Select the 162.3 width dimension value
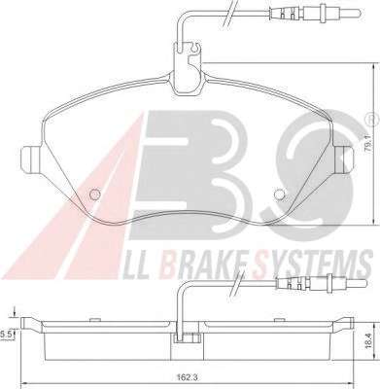(187, 377)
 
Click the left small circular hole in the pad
(94, 194)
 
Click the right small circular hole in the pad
(279, 194)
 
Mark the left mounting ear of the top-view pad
(30, 159)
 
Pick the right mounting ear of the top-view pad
(344, 159)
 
